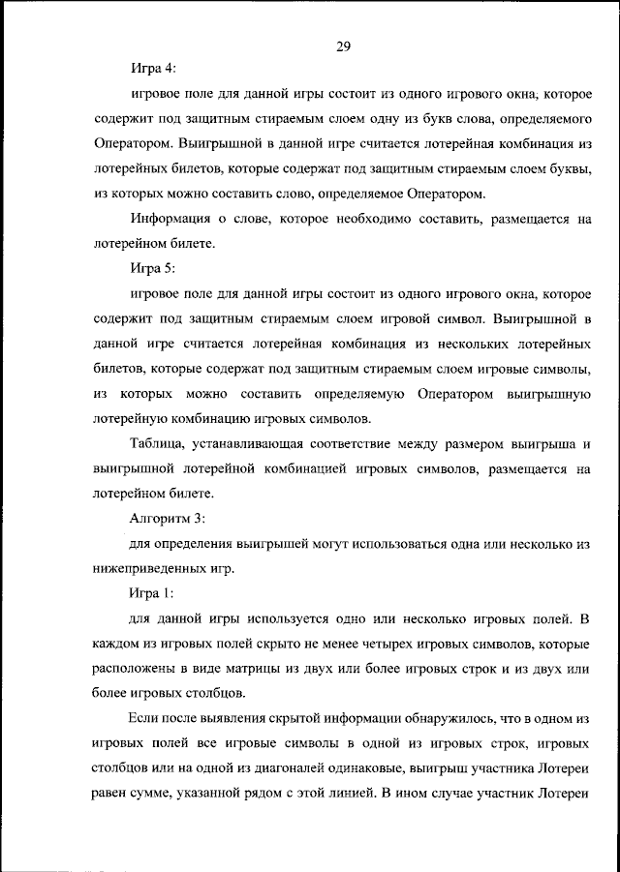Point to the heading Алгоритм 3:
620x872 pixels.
coord(167,518)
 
